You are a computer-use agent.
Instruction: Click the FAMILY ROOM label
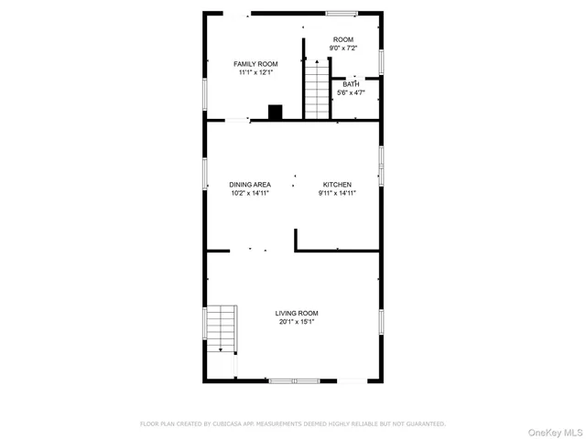[x=255, y=64]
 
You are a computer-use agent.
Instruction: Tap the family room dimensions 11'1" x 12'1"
[x=255, y=72]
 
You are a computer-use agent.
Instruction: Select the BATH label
[x=351, y=84]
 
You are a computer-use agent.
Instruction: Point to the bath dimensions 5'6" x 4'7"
[x=351, y=92]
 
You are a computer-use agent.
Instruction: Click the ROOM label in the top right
[x=343, y=39]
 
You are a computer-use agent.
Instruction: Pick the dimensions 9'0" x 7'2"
[x=343, y=48]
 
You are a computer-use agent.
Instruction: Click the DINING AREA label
[x=250, y=185]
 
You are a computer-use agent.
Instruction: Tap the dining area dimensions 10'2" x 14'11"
[x=250, y=193]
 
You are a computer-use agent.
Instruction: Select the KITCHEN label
[x=337, y=185]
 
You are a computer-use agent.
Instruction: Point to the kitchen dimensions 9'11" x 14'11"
[x=337, y=193]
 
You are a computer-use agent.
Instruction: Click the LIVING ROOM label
[x=298, y=313]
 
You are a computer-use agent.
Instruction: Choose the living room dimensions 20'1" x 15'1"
[x=298, y=321]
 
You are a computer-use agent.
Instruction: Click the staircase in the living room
[x=221, y=329]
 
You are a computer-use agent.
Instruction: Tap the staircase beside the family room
[x=316, y=90]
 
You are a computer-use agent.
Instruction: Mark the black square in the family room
[x=275, y=112]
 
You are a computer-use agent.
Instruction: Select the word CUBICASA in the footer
[x=223, y=424]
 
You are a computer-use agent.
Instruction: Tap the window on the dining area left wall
[x=204, y=174]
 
